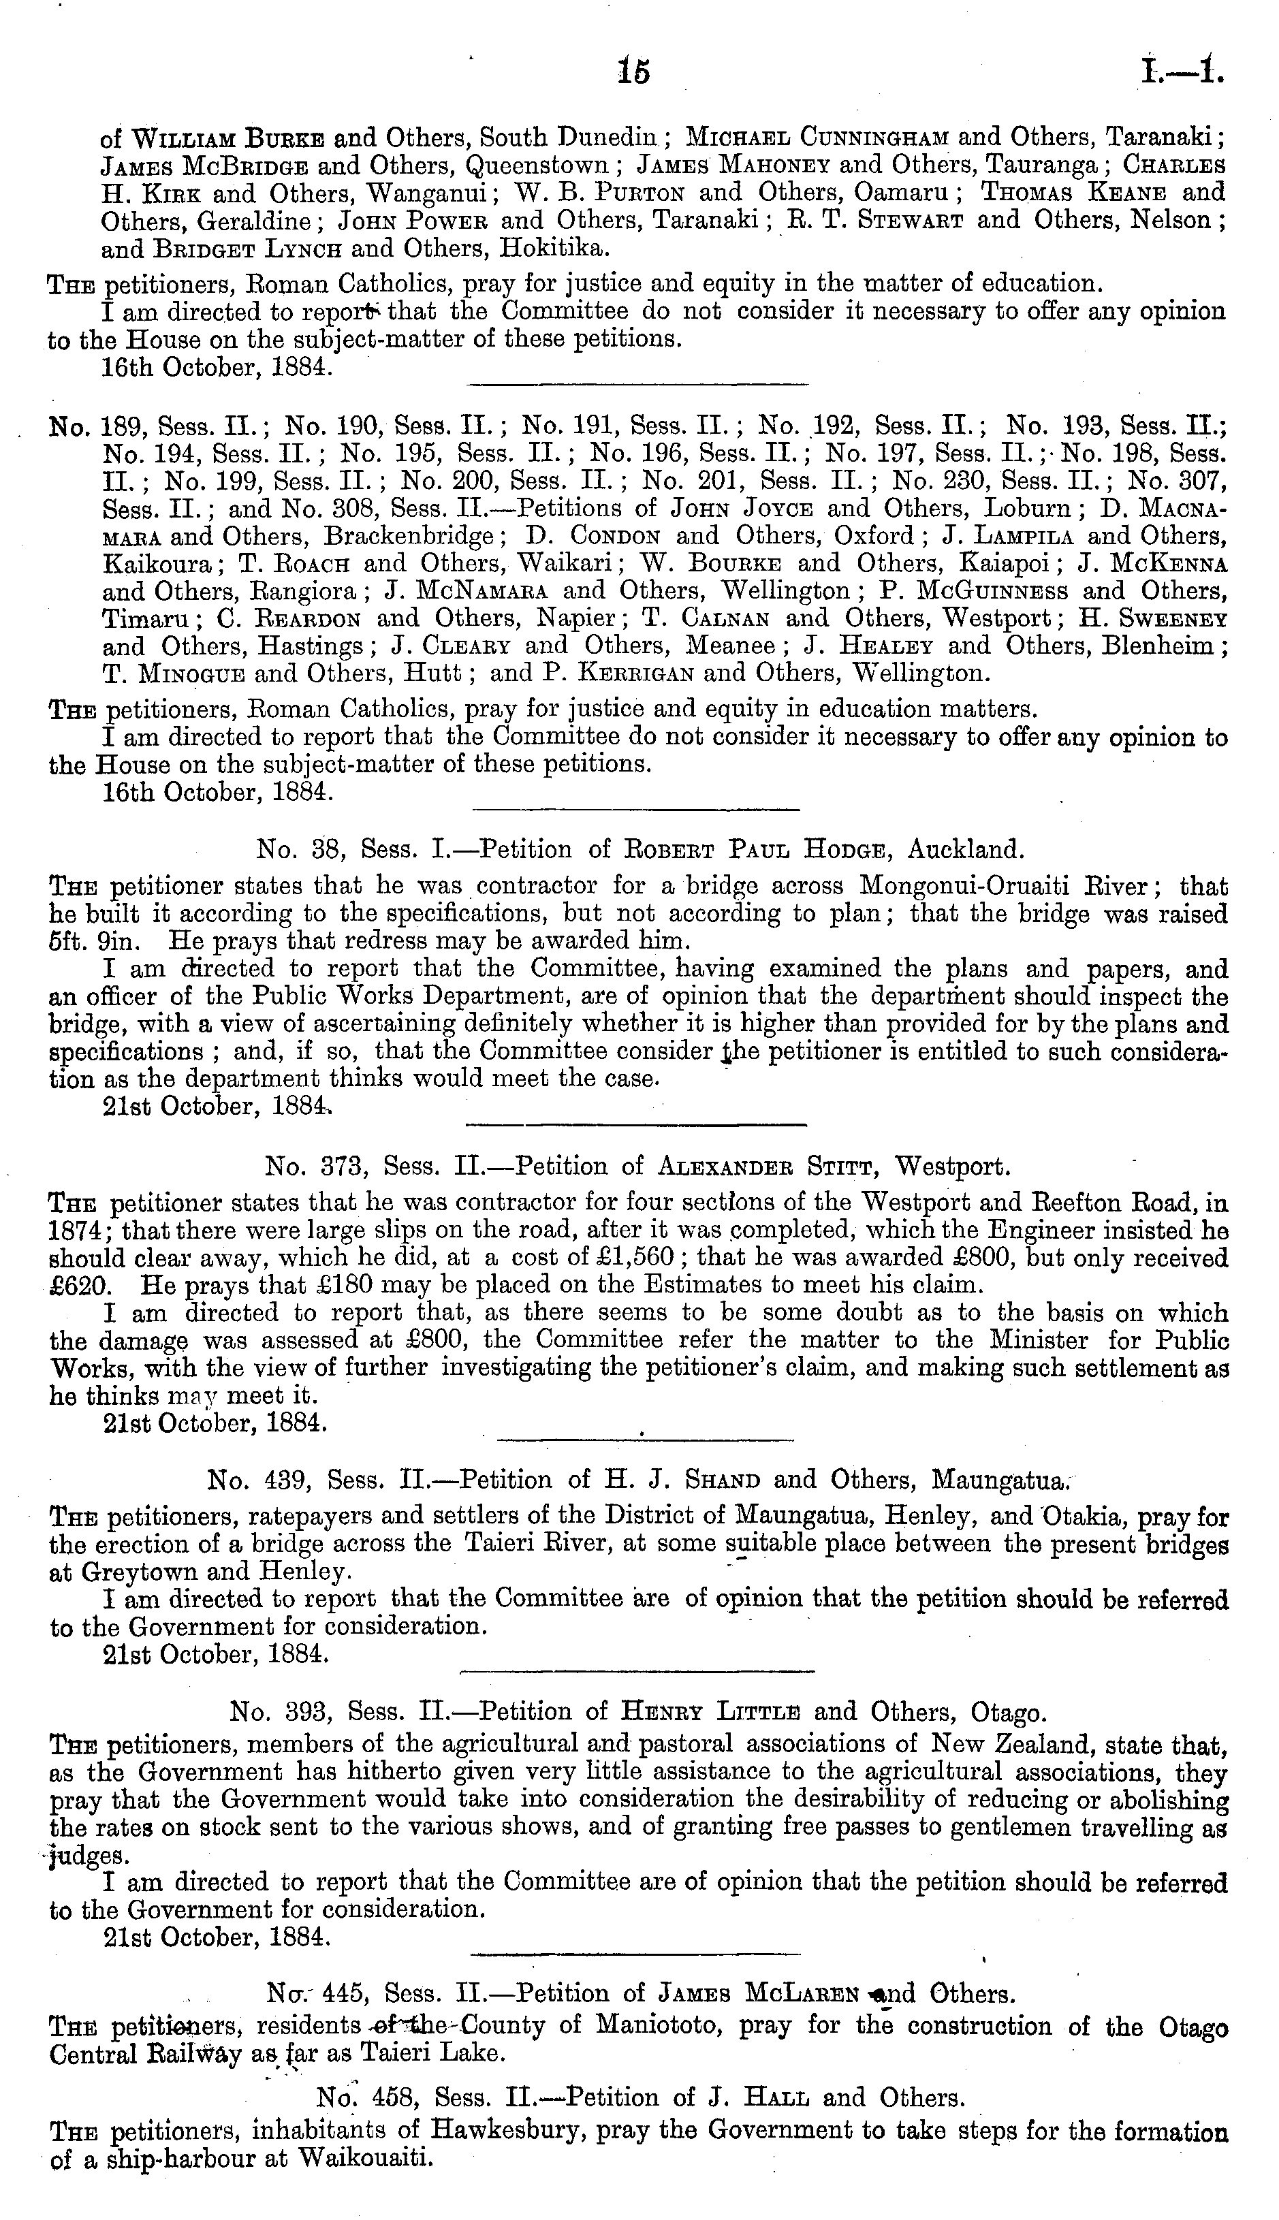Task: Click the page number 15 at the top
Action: (x=633, y=70)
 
